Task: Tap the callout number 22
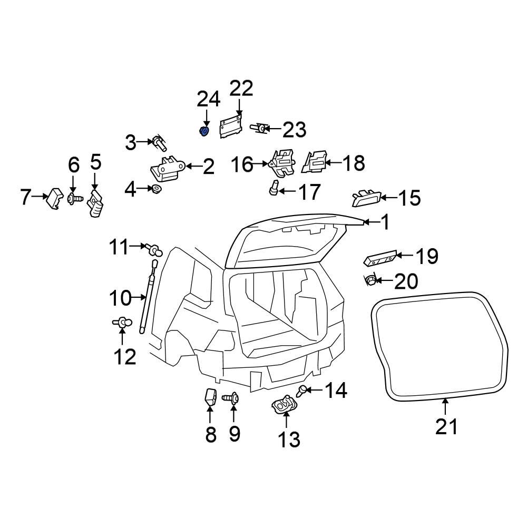pos(241,89)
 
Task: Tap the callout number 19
pos(426,257)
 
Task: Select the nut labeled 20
pos(370,280)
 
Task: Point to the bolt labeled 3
pos(159,141)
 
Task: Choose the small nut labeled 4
pos(157,189)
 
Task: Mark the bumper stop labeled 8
pos(210,397)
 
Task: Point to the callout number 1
pos(385,223)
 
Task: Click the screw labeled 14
pos(302,391)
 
